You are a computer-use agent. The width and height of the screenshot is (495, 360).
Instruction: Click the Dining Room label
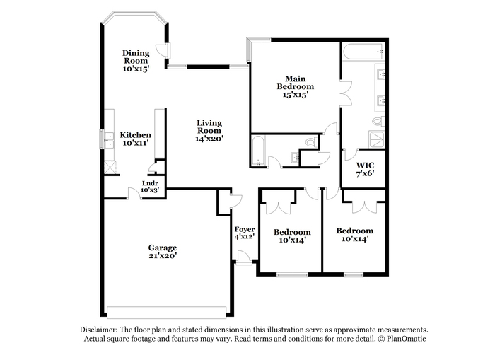coord(136,57)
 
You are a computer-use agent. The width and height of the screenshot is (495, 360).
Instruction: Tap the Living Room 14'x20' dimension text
coord(209,139)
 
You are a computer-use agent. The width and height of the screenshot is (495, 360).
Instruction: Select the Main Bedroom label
coord(296,83)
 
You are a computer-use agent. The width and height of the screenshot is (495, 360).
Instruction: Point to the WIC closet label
coord(366,166)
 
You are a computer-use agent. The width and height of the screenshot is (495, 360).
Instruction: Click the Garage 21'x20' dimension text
coord(163,256)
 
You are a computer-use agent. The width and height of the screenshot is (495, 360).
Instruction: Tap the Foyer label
coord(245,229)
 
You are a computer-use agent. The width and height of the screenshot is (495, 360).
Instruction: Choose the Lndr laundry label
coord(150,183)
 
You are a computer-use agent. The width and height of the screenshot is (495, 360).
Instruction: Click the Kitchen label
coord(136,135)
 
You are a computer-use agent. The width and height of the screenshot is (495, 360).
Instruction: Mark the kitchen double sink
coord(109,140)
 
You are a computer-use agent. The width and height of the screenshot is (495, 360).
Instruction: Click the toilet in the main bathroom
coord(378,121)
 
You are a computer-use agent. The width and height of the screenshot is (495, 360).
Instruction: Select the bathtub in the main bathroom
coord(363,52)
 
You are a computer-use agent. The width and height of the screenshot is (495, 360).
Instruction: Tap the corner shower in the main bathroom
coord(377,139)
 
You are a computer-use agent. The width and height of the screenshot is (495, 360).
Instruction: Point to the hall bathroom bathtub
coord(259,151)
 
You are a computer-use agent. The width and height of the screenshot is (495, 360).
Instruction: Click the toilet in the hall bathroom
coord(312,141)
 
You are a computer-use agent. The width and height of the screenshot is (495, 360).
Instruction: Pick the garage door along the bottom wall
coord(167,312)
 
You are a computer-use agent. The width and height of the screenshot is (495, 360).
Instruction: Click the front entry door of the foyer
coord(243,257)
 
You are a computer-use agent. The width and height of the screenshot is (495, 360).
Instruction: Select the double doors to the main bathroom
coord(346,93)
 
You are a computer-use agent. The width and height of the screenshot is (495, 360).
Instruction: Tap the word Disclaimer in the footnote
coord(99,330)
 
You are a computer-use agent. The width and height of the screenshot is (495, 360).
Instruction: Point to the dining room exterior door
coord(165,50)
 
